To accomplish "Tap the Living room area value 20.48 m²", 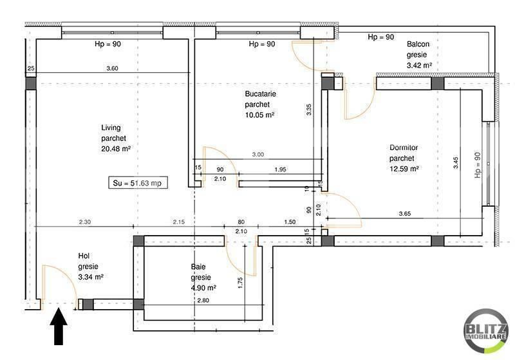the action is click(116, 149).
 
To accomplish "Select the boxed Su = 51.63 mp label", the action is click(138, 183).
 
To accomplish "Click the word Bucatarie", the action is click(261, 94).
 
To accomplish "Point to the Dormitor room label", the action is click(404, 148).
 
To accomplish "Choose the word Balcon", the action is click(418, 44).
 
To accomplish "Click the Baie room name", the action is click(198, 267).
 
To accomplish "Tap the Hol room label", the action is click(84, 256).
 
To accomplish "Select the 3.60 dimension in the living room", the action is click(112, 68).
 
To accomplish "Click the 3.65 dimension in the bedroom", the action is click(405, 214).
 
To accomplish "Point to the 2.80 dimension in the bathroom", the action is click(203, 300).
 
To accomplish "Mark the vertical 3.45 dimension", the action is click(456, 162).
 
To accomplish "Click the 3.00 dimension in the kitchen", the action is click(258, 155).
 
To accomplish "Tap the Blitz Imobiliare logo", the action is click(485, 331).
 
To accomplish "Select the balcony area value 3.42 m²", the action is click(419, 65).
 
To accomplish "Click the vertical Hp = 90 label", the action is click(478, 165).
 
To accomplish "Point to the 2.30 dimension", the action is click(85, 222).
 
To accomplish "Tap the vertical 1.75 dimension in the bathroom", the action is click(240, 283).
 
